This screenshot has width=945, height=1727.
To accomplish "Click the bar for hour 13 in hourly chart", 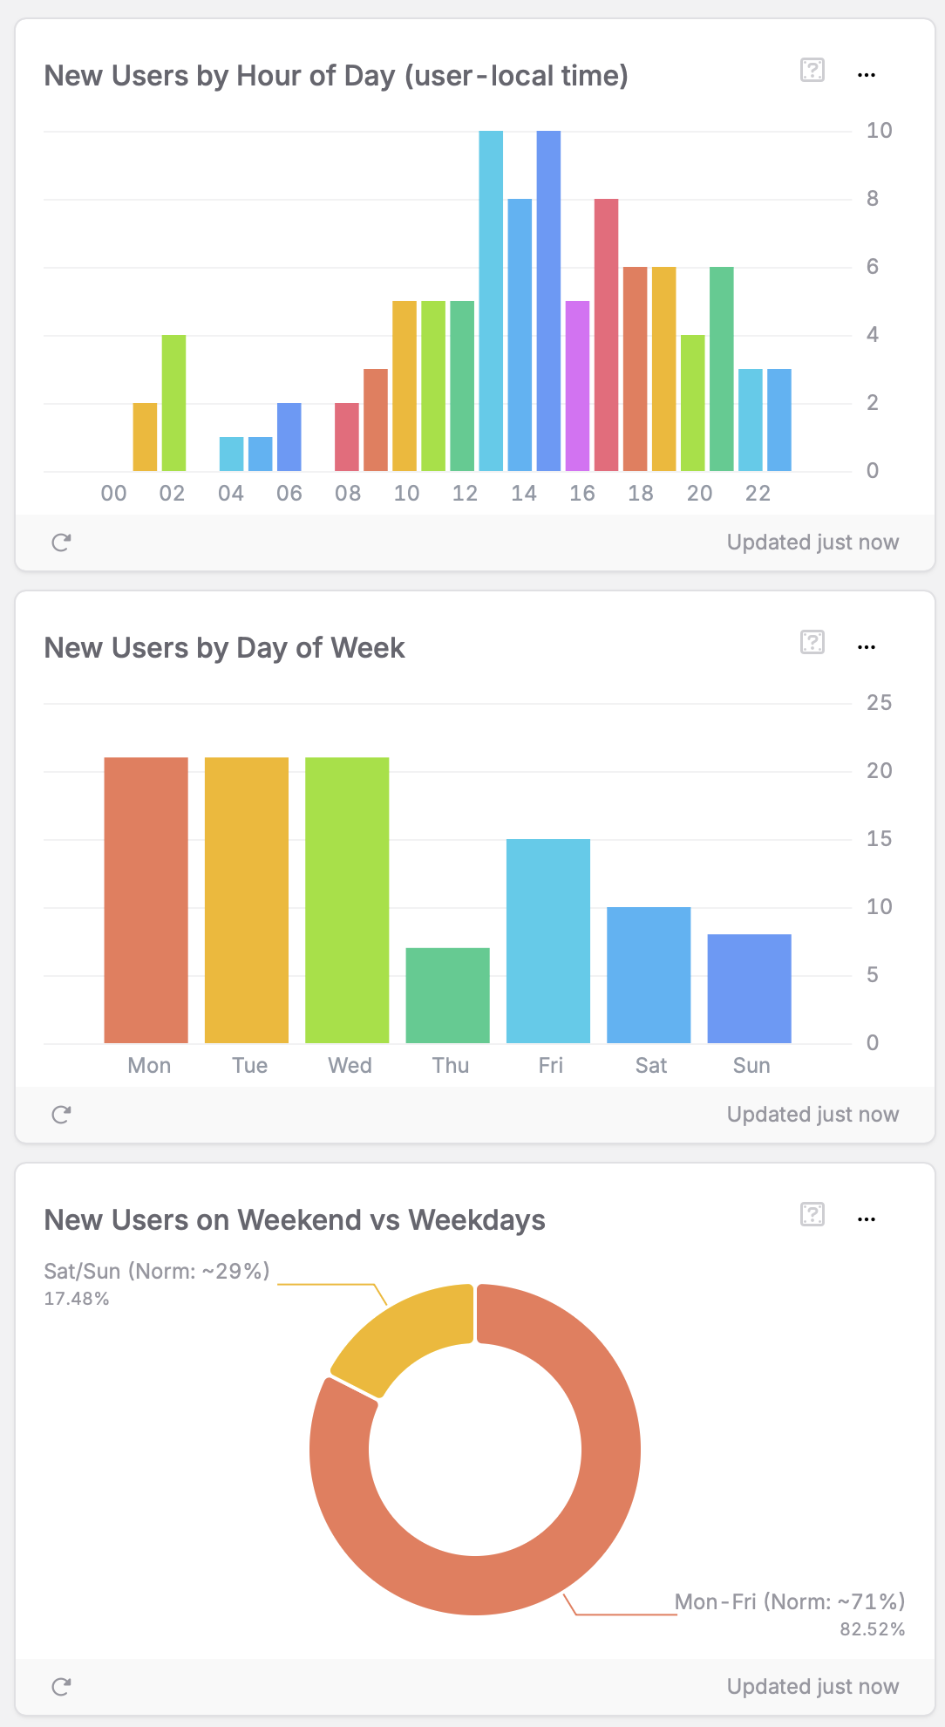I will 491,301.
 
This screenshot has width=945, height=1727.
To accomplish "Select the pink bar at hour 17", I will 606,335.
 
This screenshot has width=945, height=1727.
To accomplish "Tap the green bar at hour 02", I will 173,403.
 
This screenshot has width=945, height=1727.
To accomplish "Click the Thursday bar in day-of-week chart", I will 447,995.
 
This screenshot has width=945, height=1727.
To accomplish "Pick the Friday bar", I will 548,941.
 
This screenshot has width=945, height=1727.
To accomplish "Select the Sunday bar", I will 749,988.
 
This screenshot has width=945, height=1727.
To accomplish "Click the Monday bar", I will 146,900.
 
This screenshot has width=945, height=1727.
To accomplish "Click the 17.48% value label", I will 77,1299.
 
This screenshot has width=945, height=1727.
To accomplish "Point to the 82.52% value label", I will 872,1629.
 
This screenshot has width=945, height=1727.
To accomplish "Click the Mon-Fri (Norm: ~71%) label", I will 790,1602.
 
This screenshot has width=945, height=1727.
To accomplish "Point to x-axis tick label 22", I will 758,494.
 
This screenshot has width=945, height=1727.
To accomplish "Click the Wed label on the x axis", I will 350,1066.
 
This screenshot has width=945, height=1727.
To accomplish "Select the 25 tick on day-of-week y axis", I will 879,703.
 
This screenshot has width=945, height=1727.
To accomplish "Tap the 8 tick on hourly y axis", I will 872,199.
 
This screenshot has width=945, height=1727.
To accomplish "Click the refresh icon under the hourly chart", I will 61,543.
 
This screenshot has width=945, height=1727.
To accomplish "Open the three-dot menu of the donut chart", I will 866,1219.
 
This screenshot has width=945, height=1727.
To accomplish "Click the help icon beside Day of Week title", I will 812,643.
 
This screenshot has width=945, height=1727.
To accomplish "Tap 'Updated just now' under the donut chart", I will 812,1687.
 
